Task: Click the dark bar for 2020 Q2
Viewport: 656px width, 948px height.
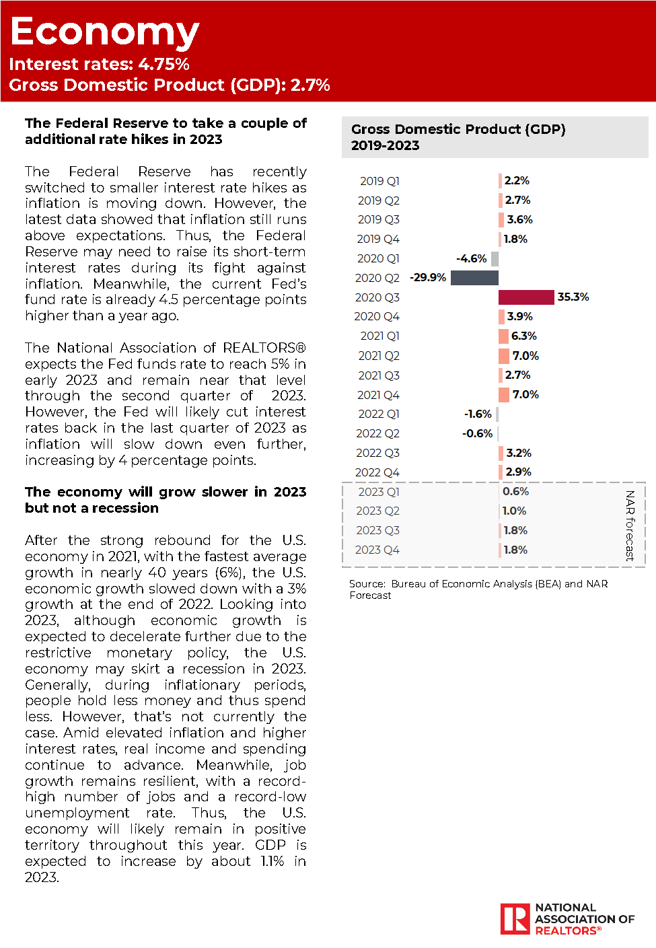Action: pyautogui.click(x=474, y=277)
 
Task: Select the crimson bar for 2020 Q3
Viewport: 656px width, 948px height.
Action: pyautogui.click(x=526, y=297)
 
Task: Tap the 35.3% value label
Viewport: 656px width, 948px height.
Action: pyautogui.click(x=573, y=297)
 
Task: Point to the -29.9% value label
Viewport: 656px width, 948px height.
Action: pyautogui.click(x=428, y=277)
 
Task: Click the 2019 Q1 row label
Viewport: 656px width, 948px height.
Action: pyautogui.click(x=379, y=181)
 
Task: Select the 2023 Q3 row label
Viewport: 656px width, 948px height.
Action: pyautogui.click(x=377, y=530)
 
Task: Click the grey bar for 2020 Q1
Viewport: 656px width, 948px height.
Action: pyautogui.click(x=495, y=258)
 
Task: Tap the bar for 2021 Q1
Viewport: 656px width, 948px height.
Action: pyautogui.click(x=503, y=336)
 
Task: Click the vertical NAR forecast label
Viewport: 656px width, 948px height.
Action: pyautogui.click(x=630, y=525)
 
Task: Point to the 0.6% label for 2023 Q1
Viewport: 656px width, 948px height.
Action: pyautogui.click(x=515, y=491)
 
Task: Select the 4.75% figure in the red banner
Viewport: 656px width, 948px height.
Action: pyautogui.click(x=163, y=64)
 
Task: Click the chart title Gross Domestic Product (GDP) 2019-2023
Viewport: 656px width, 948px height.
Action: pyautogui.click(x=458, y=137)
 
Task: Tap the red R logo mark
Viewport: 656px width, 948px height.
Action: pyautogui.click(x=515, y=918)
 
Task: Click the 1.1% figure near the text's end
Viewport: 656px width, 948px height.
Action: pyautogui.click(x=272, y=861)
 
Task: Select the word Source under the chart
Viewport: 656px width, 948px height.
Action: pyautogui.click(x=367, y=584)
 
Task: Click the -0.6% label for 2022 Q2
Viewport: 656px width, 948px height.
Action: pyautogui.click(x=477, y=433)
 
